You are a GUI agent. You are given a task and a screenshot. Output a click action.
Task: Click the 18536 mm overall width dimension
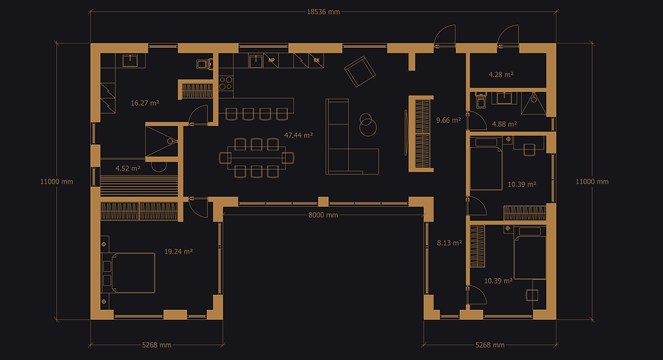[x=323, y=12]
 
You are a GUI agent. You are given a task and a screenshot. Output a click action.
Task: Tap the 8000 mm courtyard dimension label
[x=323, y=215]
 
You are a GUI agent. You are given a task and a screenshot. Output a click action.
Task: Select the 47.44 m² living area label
[x=298, y=135]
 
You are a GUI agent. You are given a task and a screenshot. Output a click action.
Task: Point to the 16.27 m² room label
[x=145, y=103]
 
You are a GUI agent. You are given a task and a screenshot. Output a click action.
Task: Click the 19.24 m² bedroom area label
[x=179, y=251]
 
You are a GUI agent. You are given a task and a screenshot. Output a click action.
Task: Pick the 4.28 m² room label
[x=501, y=74]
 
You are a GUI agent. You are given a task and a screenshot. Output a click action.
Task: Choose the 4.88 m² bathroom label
[x=505, y=124]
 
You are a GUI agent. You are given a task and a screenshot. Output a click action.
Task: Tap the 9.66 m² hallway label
[x=449, y=120]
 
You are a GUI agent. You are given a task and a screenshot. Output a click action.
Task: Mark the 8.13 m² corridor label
[x=449, y=243]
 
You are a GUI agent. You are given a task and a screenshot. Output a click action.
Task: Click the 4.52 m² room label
[x=128, y=168]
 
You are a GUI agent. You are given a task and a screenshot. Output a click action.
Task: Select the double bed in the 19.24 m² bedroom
[x=129, y=273]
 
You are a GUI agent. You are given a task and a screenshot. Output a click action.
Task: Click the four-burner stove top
[x=226, y=83]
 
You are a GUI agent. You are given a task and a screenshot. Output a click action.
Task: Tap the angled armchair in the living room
[x=360, y=72]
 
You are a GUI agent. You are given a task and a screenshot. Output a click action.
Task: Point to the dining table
[x=256, y=158]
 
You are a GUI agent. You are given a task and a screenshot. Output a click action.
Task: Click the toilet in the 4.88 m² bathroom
[x=481, y=99]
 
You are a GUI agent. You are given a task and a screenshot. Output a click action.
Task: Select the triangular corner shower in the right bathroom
[x=534, y=104]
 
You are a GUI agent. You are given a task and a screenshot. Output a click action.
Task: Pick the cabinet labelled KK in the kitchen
[x=317, y=60]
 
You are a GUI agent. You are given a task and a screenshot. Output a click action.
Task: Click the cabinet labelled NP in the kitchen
[x=271, y=60]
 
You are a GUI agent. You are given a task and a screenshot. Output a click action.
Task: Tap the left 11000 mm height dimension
[x=57, y=181]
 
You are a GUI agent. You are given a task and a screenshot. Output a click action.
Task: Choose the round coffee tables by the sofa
[x=367, y=125]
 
